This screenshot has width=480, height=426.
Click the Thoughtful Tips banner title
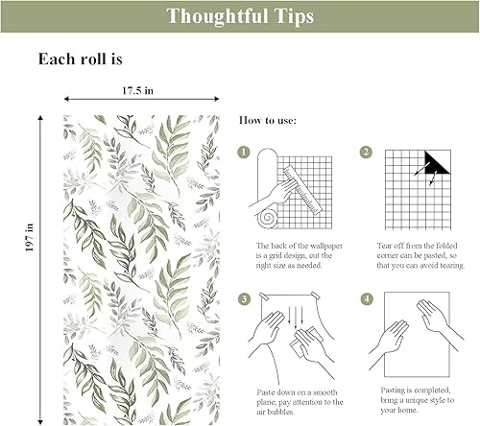click(239, 16)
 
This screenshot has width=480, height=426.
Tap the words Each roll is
click(80, 59)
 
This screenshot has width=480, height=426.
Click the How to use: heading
click(268, 121)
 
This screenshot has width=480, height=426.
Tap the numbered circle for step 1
click(244, 153)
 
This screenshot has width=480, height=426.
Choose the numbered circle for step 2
click(366, 153)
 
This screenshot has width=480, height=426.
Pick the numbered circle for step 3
click(244, 299)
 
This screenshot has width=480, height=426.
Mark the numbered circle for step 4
click(366, 299)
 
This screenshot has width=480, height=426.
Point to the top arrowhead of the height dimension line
click(40, 118)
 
